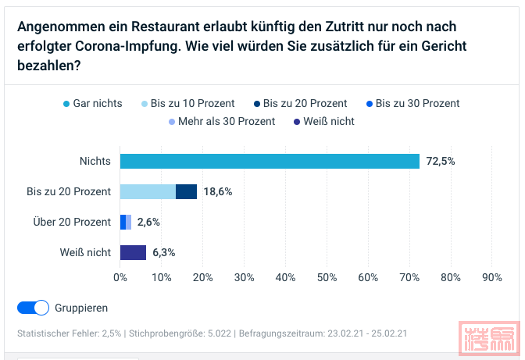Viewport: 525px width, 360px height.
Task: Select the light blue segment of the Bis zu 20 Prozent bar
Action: tap(148, 191)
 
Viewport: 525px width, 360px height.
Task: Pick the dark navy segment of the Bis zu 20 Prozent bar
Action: tap(186, 191)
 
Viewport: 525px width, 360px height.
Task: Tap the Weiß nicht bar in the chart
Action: tap(133, 252)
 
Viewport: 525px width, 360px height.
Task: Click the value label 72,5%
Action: tap(441, 161)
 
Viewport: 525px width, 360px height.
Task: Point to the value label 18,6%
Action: tap(218, 191)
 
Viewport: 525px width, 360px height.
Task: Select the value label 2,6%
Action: tap(148, 222)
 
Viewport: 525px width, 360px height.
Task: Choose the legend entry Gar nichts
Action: tap(91, 103)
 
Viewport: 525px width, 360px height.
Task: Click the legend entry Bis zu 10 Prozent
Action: tap(187, 103)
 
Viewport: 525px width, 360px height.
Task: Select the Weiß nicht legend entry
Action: tap(323, 121)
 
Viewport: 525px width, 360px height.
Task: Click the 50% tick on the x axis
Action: tap(327, 277)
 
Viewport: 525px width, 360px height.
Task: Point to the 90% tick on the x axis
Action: tap(492, 277)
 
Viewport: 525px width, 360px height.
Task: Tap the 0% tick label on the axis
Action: tap(120, 277)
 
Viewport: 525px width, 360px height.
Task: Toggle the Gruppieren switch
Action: tap(33, 308)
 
